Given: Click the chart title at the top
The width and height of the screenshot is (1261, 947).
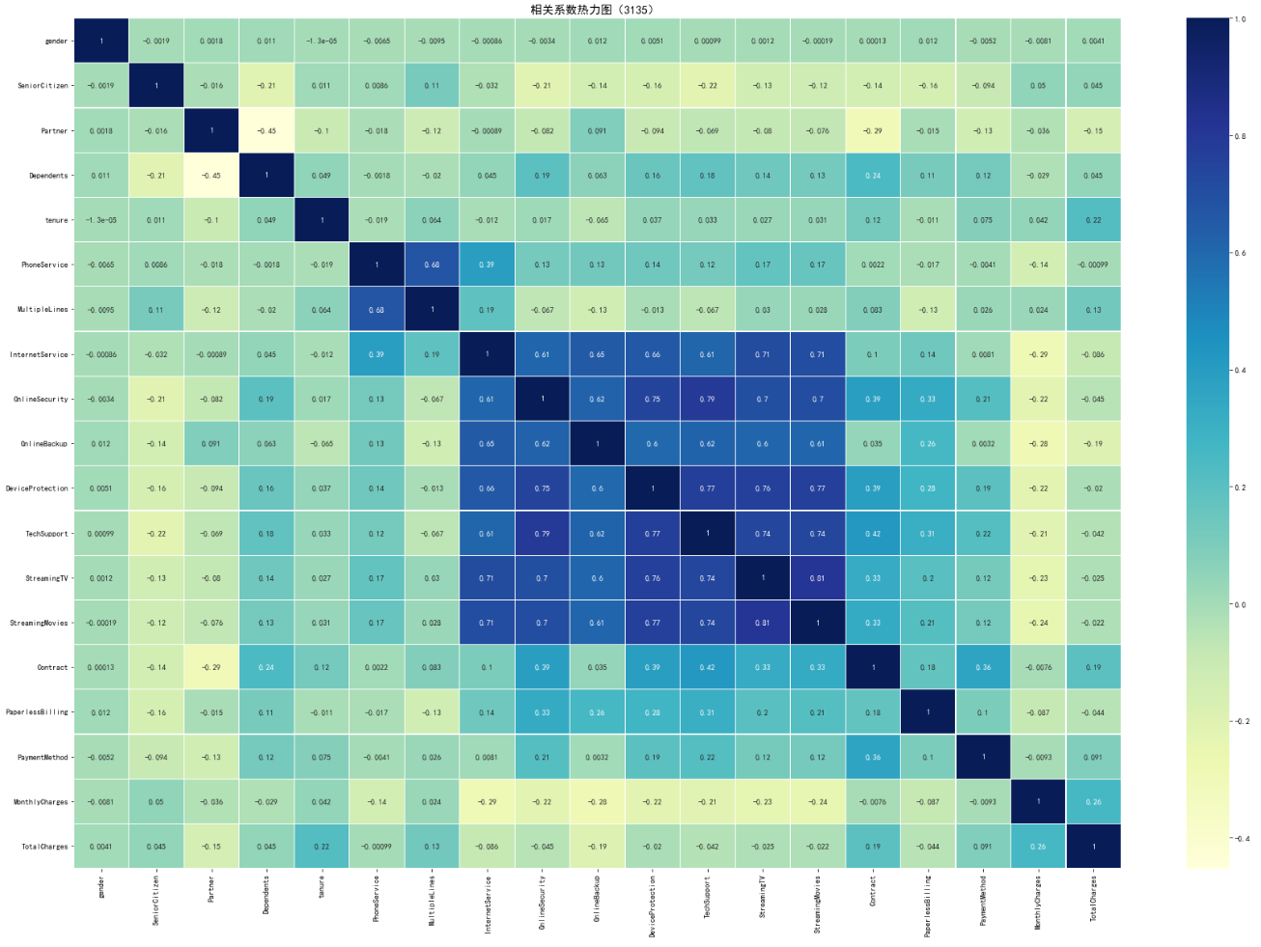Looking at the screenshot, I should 592,10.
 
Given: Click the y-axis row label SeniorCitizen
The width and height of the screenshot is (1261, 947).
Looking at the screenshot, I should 43,86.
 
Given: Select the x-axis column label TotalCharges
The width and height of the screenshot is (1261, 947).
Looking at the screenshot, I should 1094,898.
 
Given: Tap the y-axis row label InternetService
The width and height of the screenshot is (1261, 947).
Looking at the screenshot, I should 40,354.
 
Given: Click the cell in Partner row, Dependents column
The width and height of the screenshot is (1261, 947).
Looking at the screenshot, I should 266,130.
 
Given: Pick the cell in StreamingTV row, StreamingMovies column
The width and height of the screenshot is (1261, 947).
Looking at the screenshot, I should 818,578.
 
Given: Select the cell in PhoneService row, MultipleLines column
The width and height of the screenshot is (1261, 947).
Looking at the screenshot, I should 432,265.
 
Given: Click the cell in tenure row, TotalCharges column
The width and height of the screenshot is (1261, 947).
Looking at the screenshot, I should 1093,220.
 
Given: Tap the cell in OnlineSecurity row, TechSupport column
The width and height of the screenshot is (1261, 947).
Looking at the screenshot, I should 708,399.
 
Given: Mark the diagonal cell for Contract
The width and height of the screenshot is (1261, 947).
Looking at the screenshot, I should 873,667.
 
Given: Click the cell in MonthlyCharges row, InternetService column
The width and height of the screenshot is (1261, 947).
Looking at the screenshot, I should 487,801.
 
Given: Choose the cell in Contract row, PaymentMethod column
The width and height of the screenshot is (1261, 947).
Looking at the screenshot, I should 983,667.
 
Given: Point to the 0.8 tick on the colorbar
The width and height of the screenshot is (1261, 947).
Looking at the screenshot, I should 1240,136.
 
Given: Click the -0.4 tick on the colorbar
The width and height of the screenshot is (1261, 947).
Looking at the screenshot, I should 1240,838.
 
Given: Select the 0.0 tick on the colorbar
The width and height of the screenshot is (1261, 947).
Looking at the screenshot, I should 1240,604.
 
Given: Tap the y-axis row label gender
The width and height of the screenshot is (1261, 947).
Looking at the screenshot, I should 57,42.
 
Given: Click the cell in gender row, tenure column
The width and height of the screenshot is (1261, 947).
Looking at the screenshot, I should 322,42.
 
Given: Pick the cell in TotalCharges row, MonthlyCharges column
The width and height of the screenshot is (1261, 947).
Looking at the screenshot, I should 1038,847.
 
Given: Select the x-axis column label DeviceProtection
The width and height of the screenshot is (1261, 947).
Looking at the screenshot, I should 653,905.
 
